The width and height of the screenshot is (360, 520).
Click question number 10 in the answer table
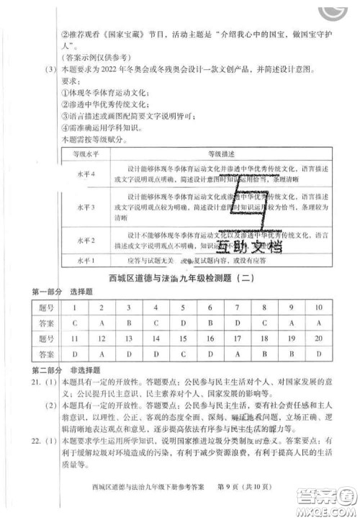pos(318,308)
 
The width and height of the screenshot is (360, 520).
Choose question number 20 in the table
pos(318,339)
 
